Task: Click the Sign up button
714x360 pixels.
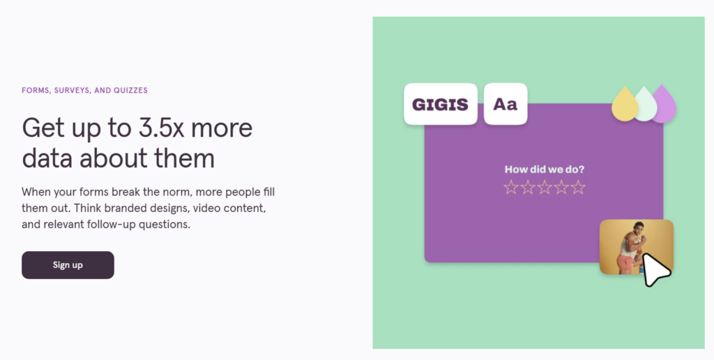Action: pos(68,264)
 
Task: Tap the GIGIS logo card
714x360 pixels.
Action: pos(441,104)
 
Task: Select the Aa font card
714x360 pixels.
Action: pos(506,104)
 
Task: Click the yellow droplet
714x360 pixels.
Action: pos(625,105)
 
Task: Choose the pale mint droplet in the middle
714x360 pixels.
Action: pos(646,105)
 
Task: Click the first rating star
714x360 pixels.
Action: pos(511,187)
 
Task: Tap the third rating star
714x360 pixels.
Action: pos(545,187)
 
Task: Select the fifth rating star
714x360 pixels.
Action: pos(578,187)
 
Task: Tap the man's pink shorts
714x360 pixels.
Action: pos(625,263)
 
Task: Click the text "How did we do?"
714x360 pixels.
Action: pos(544,170)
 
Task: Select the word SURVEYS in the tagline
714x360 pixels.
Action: pos(72,90)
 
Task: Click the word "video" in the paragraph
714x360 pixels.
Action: pos(206,208)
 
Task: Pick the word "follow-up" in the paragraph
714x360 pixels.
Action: pos(111,225)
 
